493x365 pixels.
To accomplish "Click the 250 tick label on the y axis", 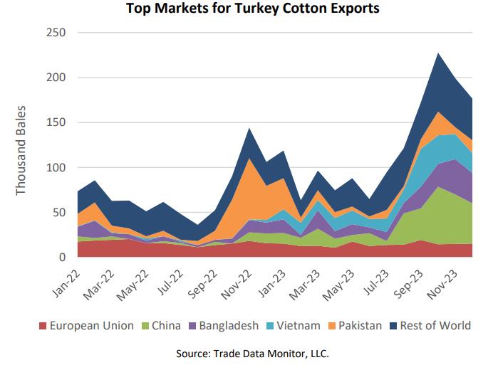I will (x=56, y=33).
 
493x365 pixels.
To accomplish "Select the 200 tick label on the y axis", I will (x=56, y=78).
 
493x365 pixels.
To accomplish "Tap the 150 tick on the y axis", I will (x=56, y=122).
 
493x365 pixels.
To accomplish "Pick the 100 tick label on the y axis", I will (x=56, y=168).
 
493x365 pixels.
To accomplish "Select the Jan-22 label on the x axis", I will (x=66, y=280).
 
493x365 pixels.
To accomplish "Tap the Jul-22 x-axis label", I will (x=168, y=280).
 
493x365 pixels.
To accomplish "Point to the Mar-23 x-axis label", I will (x=303, y=280).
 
